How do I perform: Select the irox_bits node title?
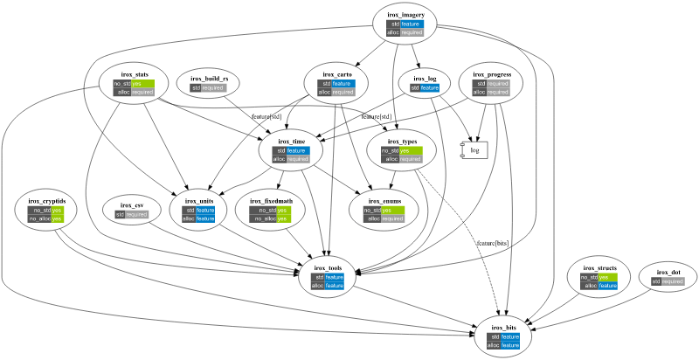pos(504,327)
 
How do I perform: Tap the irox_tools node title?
pos(329,267)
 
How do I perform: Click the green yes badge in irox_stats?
pos(142,84)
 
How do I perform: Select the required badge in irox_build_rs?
pos(213,88)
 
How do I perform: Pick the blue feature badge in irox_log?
pos(429,88)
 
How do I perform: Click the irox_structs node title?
pos(599,267)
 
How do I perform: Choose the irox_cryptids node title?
pos(46,201)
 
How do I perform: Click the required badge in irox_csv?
pos(136,214)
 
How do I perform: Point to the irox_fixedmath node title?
pos(271,201)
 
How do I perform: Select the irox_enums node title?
pos(385,201)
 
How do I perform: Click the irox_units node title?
pos(199,201)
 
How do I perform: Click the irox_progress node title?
pos(491,74)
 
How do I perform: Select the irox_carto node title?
pos(336,74)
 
